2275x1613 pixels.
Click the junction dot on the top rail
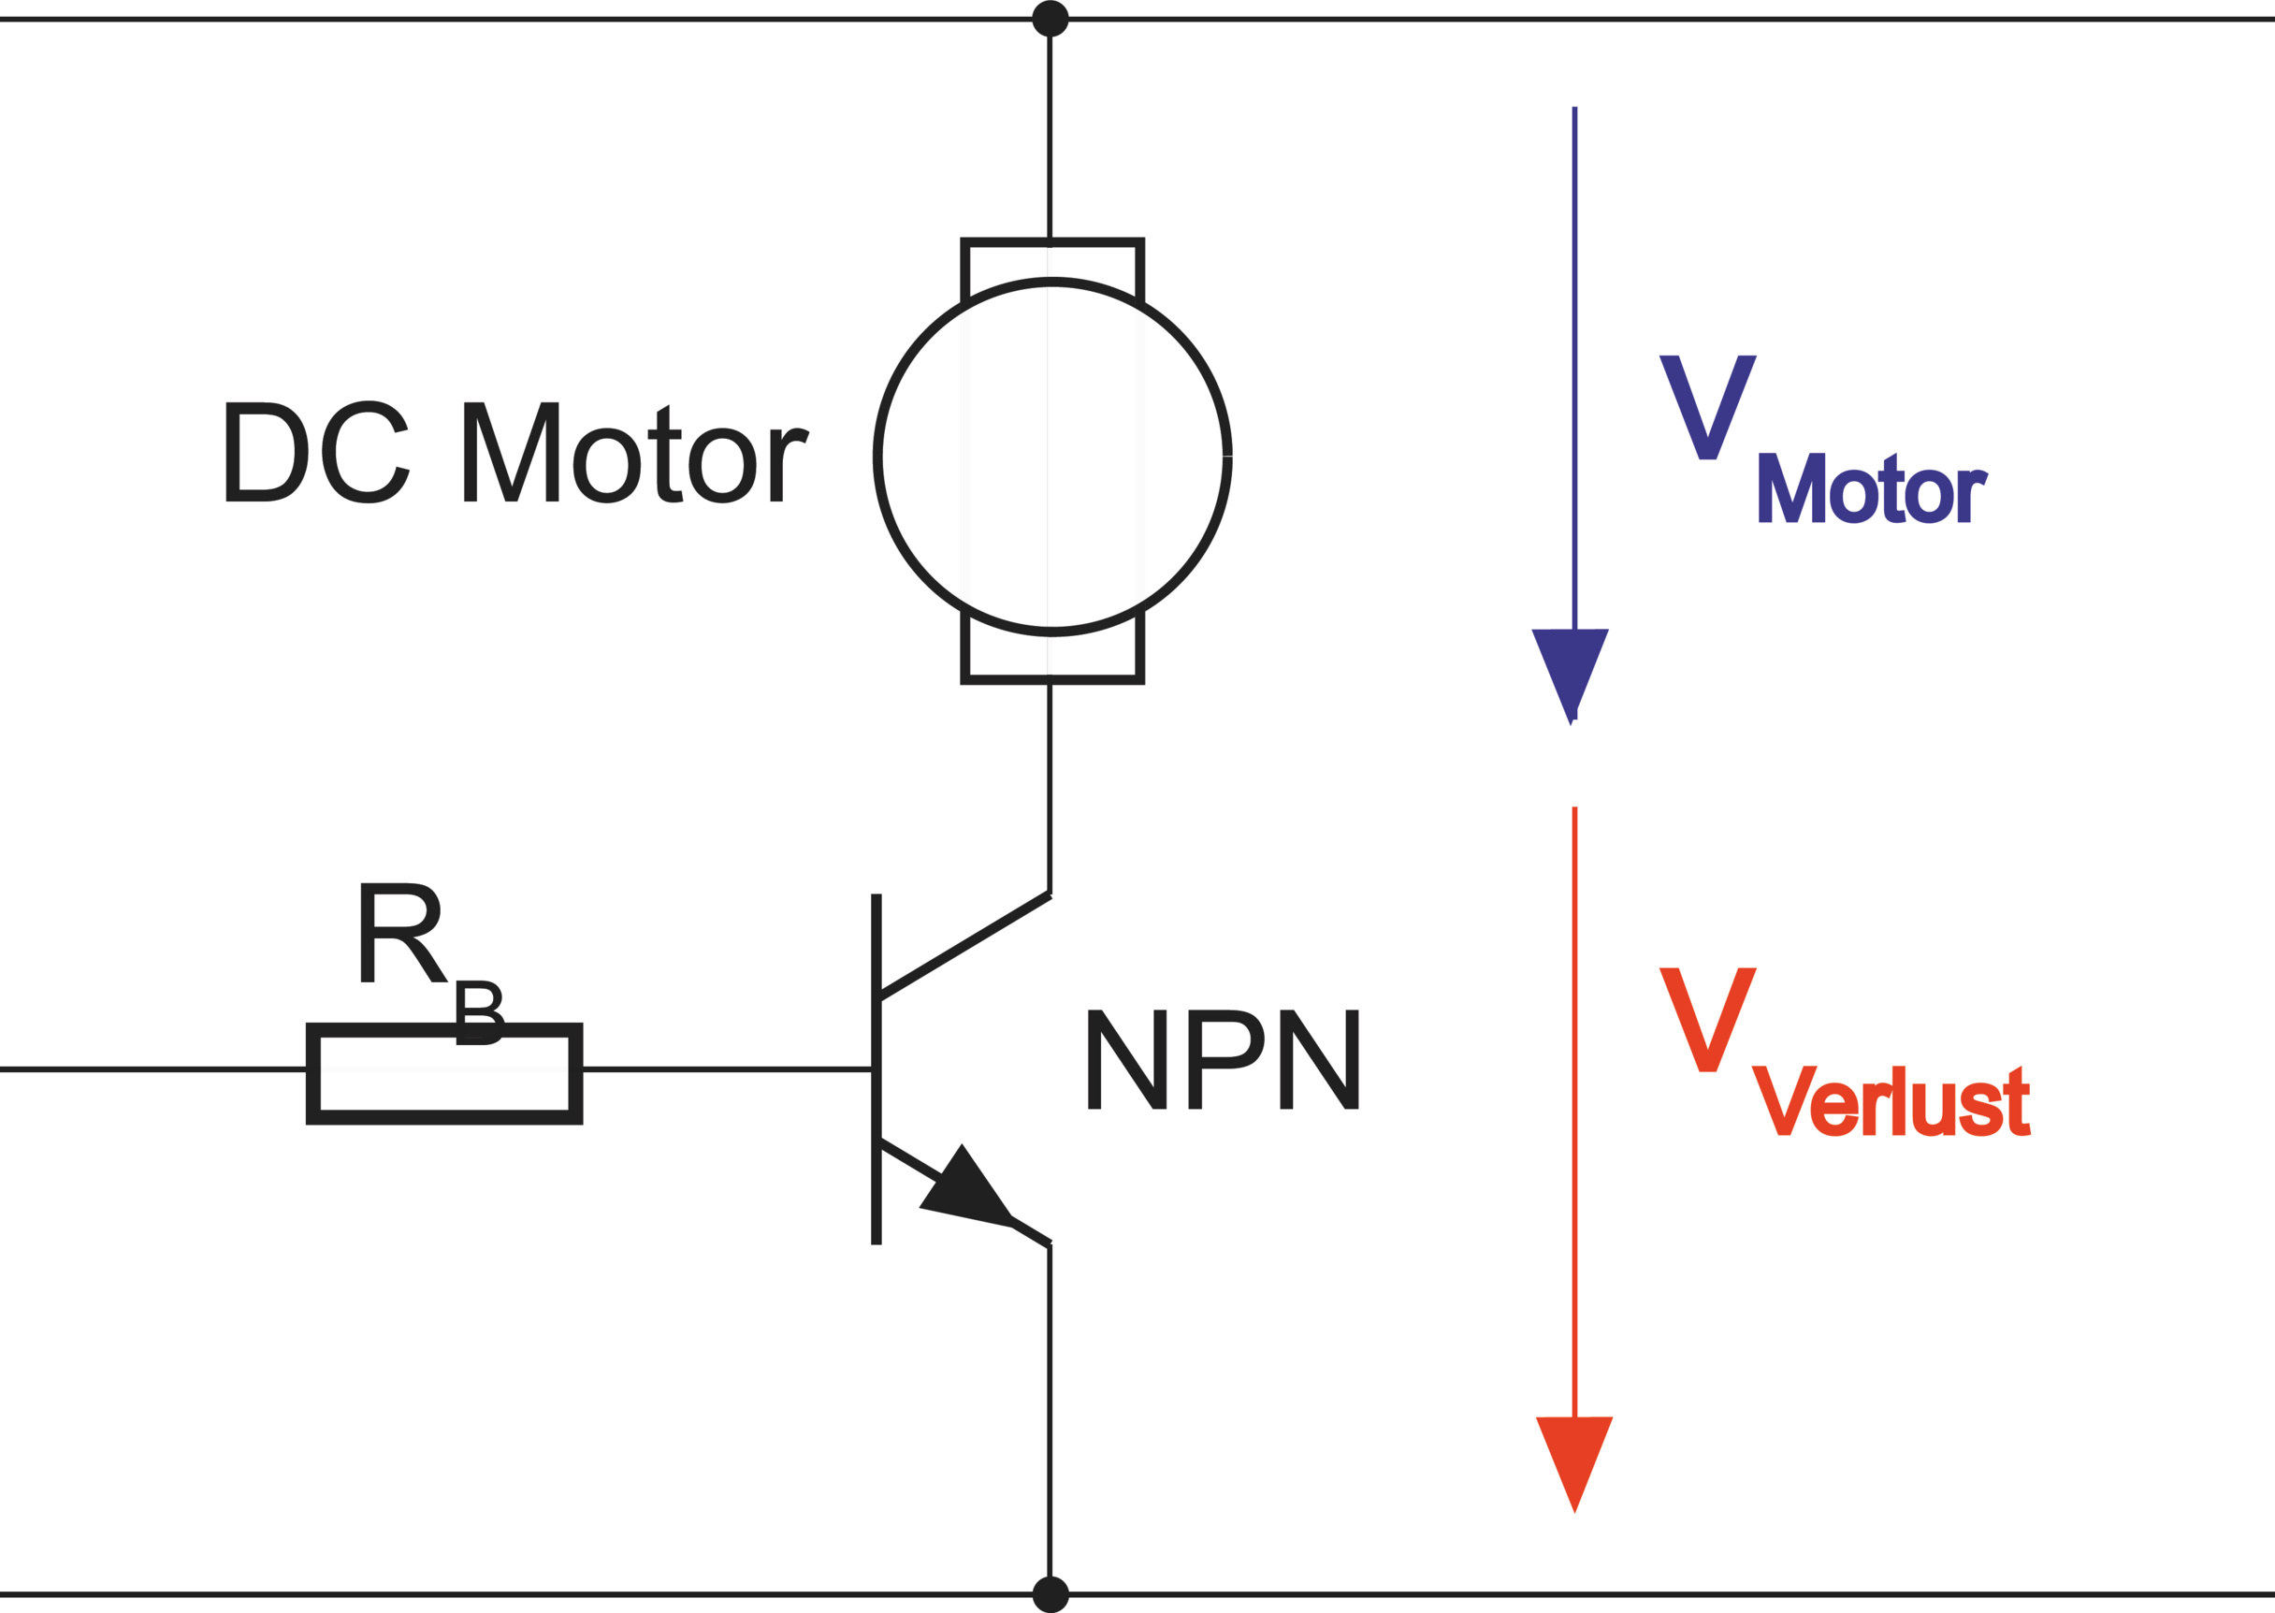pyautogui.click(x=1051, y=19)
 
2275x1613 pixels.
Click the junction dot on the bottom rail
pyautogui.click(x=1051, y=1594)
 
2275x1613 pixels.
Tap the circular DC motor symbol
pyautogui.click(x=1052, y=456)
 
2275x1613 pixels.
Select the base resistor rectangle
pyautogui.click(x=444, y=1074)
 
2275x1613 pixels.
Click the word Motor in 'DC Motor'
pyautogui.click(x=636, y=453)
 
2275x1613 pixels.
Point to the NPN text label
pyautogui.click(x=1224, y=1059)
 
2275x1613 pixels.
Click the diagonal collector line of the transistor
pyautogui.click(x=964, y=947)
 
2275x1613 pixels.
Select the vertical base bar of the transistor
pyautogui.click(x=876, y=1068)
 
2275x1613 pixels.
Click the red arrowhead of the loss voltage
pyautogui.click(x=1574, y=1457)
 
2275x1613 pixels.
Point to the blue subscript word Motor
pyautogui.click(x=1872, y=488)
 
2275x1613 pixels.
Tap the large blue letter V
pyautogui.click(x=1708, y=406)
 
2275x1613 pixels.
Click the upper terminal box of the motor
pyautogui.click(x=1052, y=263)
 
